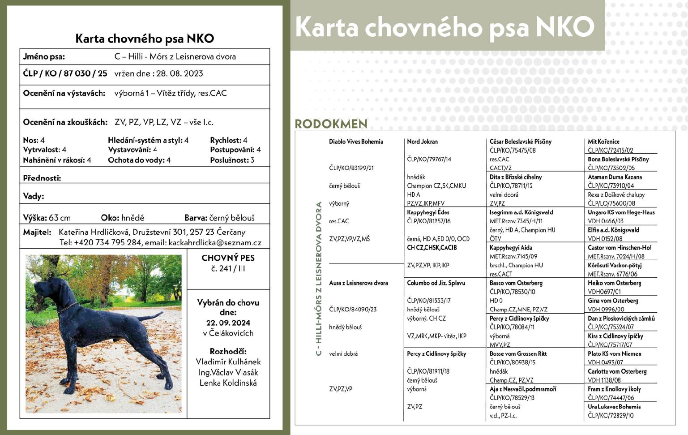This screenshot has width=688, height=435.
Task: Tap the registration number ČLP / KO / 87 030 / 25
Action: [x=65, y=73]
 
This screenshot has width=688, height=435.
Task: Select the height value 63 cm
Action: [x=60, y=218]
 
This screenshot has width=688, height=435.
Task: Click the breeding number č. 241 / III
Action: [x=228, y=269]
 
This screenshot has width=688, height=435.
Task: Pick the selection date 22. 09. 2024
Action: [x=228, y=323]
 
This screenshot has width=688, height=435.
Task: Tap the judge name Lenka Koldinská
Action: [x=228, y=383]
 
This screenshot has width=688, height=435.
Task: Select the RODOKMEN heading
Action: [x=331, y=124]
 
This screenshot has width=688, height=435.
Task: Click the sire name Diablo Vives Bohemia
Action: [x=356, y=142]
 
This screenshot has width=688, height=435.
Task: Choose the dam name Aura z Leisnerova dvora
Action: [x=359, y=283]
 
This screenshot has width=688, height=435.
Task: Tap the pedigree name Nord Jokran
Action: [x=422, y=142]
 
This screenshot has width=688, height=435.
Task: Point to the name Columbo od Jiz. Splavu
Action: [x=436, y=283]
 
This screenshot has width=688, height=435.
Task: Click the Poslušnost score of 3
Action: [x=252, y=160]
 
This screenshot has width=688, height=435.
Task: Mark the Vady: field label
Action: [x=34, y=196]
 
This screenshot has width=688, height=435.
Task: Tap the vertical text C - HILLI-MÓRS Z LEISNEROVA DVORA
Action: [x=319, y=279]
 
